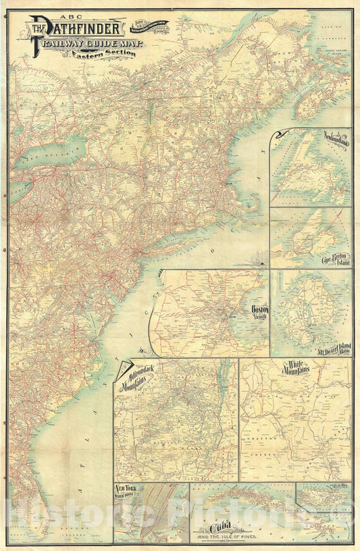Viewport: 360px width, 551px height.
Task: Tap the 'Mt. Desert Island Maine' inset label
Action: (x=327, y=350)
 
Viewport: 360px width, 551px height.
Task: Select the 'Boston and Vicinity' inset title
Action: (x=259, y=311)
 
